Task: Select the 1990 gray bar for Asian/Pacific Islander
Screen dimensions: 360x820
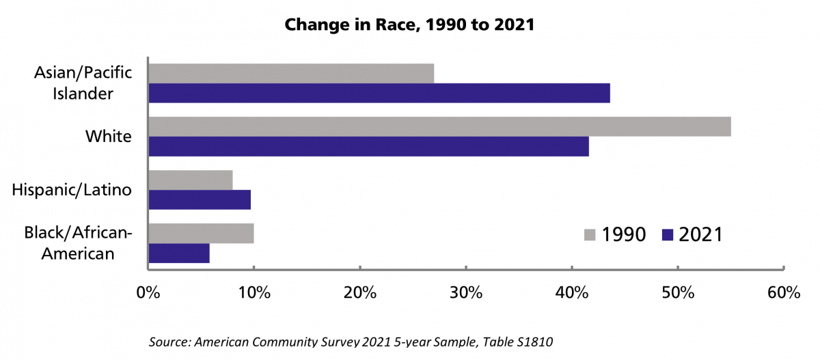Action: [291, 73]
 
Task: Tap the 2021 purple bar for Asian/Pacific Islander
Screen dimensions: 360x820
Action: [379, 93]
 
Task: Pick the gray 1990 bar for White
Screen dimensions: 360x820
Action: [439, 126]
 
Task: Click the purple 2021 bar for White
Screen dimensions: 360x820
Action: [368, 146]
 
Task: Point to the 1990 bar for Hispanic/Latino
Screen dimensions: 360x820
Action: [191, 180]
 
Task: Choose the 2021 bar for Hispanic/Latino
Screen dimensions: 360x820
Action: [200, 199]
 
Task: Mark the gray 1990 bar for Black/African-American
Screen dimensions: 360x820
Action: [201, 233]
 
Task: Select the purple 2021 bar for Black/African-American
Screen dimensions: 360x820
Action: [179, 253]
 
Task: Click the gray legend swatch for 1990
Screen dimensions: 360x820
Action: [590, 235]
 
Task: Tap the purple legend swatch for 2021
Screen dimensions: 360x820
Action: [668, 235]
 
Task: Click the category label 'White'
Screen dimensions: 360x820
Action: [108, 137]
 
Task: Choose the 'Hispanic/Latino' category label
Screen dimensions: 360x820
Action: [72, 190]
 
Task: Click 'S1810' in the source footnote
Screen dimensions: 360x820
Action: [530, 342]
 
